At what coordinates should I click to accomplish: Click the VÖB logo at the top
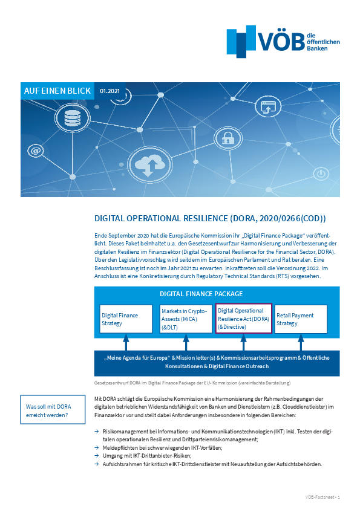[283, 41]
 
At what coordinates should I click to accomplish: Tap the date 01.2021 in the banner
[110, 91]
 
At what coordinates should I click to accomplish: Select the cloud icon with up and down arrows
[148, 165]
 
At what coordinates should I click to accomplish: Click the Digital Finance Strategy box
[126, 319]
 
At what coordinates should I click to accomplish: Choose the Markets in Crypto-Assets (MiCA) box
[185, 319]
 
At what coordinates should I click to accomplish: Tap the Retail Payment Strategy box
[301, 319]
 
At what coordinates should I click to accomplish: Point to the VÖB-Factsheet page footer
[322, 496]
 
